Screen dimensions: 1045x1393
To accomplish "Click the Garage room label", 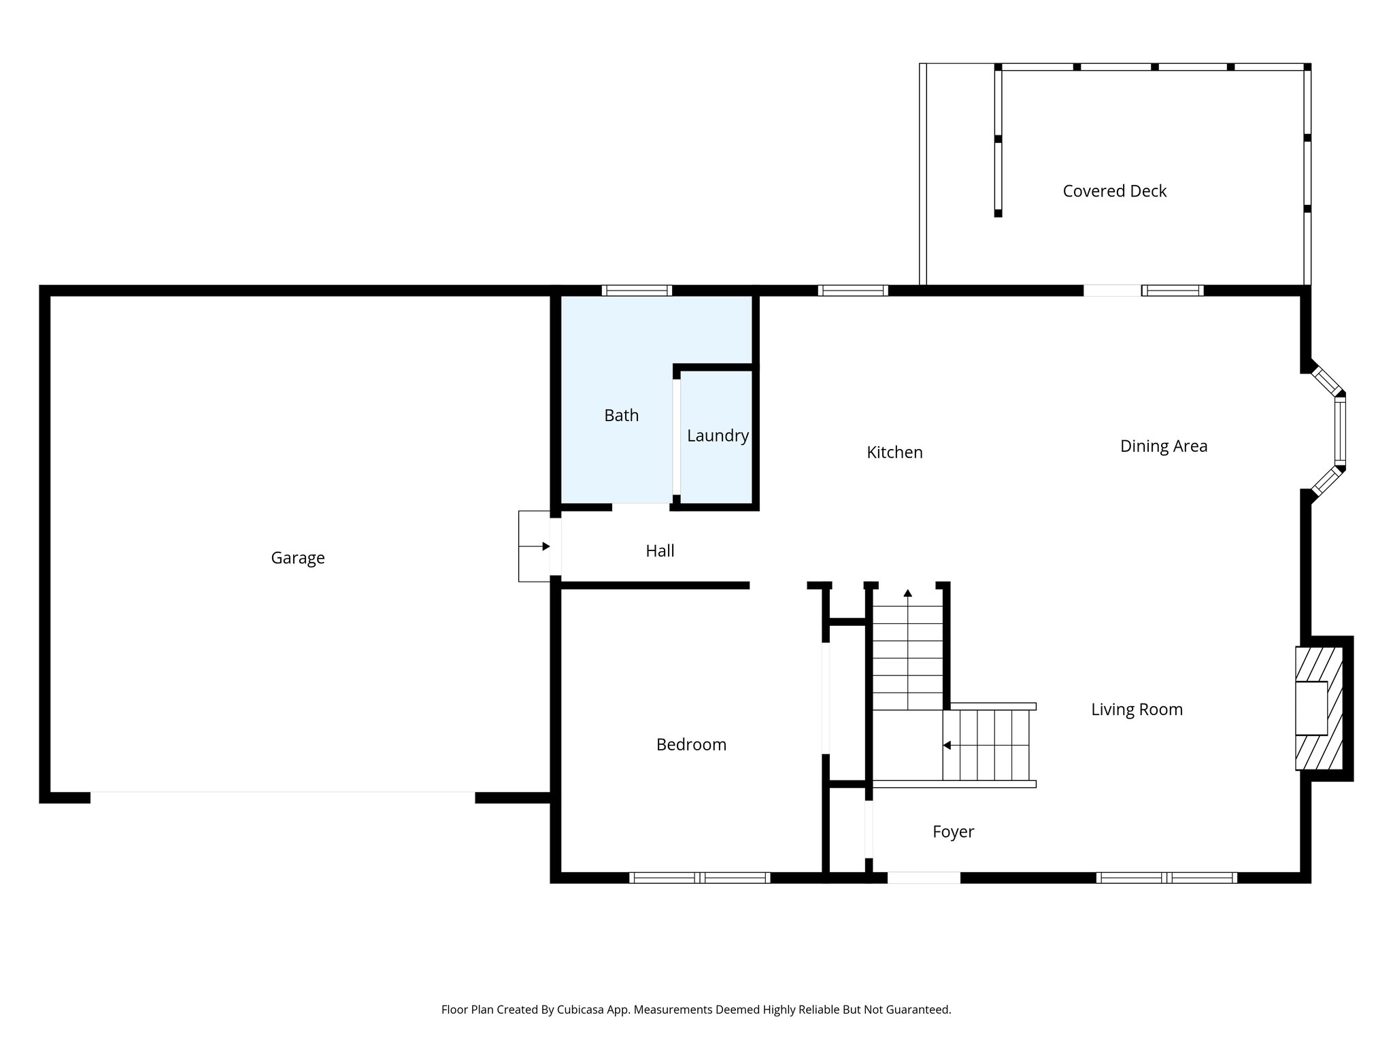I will (297, 558).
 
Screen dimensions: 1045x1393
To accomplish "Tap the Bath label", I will (621, 415).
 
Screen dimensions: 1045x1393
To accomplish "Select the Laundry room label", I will (718, 435).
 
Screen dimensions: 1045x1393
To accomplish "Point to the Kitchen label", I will (894, 452).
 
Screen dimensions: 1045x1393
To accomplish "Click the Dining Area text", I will (1163, 446).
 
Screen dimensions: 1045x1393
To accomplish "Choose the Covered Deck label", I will (1114, 191).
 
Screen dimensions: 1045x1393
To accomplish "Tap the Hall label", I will (660, 551).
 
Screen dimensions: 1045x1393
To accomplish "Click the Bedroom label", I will (691, 745).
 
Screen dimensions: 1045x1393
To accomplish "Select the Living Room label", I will (1137, 710).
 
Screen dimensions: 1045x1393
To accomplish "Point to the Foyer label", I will (953, 831).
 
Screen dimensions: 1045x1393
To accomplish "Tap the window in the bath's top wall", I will (637, 291).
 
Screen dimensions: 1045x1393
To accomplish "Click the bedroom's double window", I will (699, 878).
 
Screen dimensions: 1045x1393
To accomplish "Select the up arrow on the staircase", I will (907, 593).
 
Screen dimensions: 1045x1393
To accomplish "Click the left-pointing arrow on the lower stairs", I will (947, 746).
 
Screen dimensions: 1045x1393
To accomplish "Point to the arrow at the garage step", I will (546, 546).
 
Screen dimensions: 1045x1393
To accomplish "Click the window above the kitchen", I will (853, 291).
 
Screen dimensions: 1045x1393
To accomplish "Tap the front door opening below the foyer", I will (924, 878).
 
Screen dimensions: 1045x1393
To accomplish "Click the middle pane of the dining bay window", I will (1340, 431).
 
